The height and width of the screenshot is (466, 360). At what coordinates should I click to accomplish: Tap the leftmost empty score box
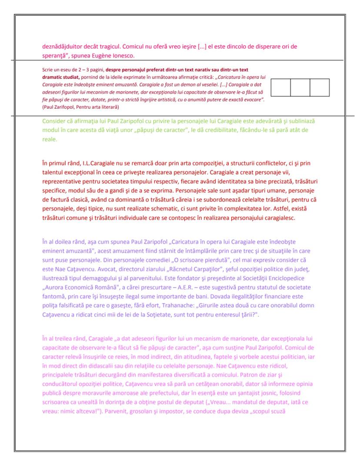tap(280, 87)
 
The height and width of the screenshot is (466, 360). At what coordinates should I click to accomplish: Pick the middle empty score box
tap(300, 87)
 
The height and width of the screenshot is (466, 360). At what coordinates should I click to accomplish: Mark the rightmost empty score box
tap(320, 87)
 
